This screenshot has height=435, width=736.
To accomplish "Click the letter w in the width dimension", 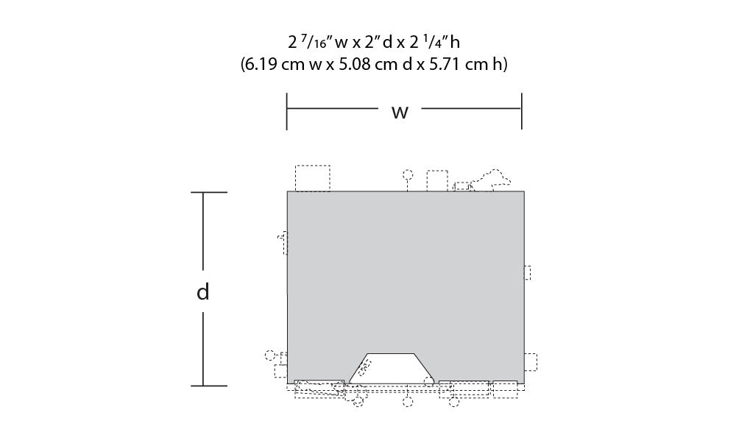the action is tap(400, 112).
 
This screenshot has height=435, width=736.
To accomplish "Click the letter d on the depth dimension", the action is tap(203, 291).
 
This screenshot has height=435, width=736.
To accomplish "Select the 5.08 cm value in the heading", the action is tap(364, 64).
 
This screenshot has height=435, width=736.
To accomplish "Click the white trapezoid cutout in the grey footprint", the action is tap(391, 368).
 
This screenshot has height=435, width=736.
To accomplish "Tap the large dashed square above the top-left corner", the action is tap(313, 178).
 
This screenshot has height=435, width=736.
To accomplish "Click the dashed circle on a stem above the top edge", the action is tap(408, 175).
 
